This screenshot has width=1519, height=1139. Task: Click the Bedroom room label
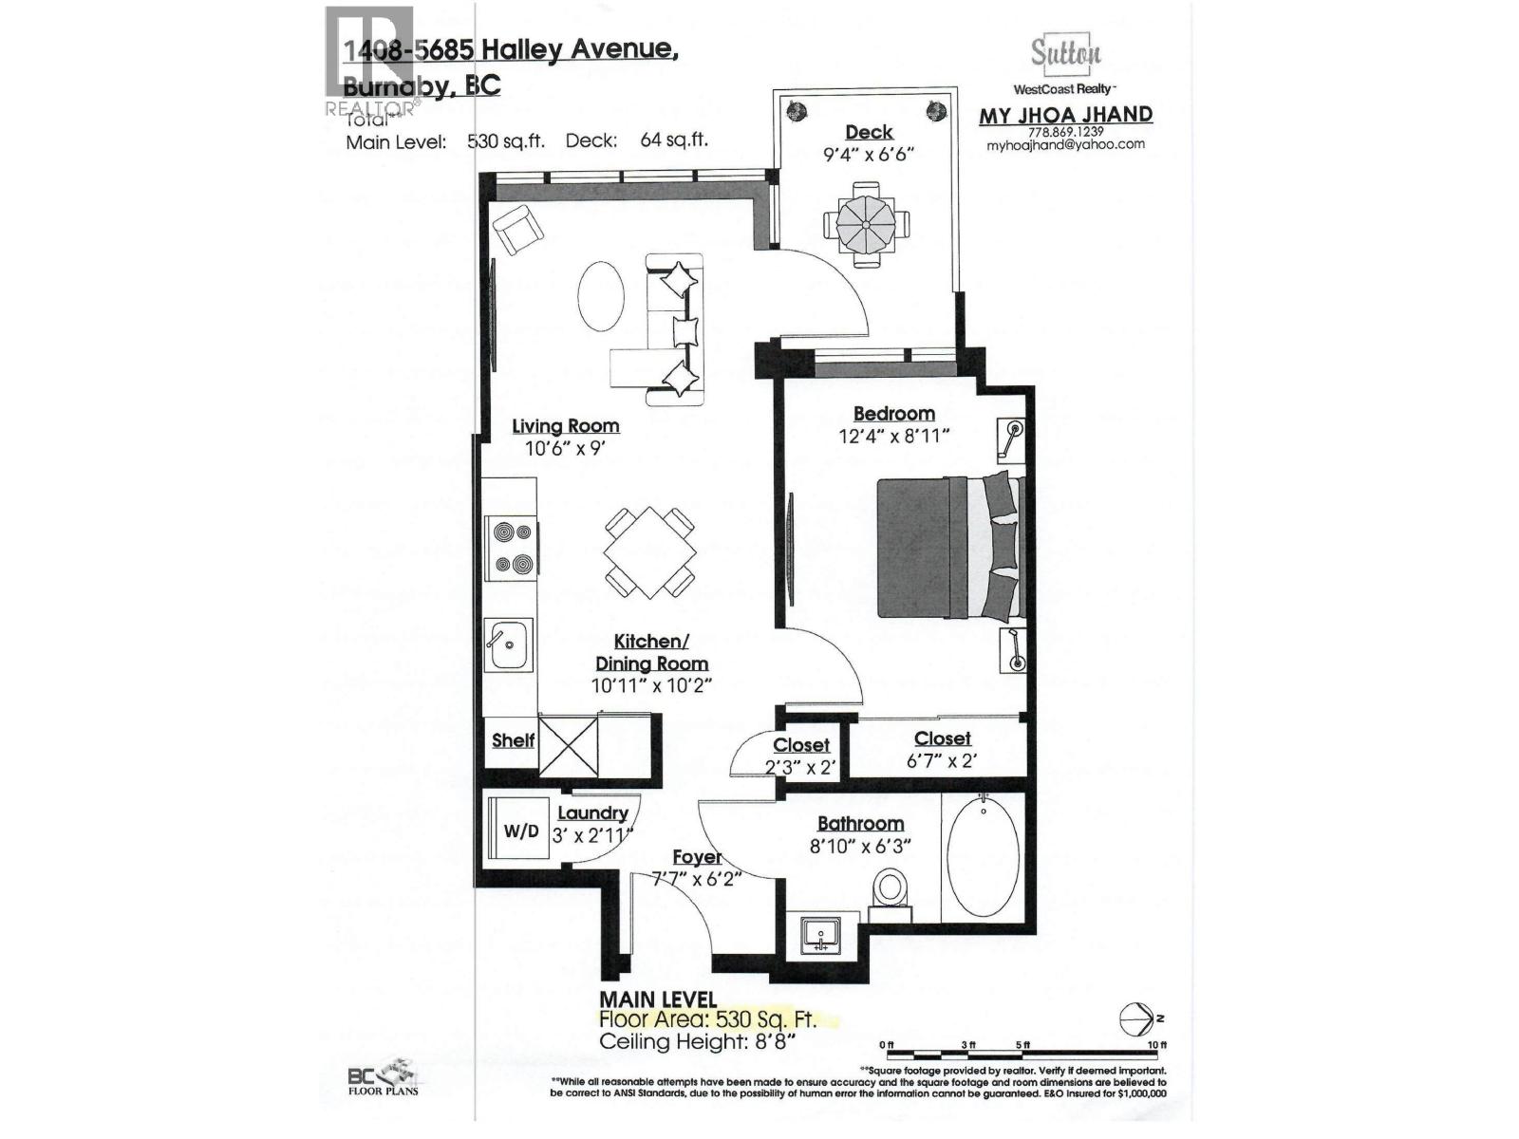click(893, 414)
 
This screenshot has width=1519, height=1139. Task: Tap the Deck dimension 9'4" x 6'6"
click(869, 154)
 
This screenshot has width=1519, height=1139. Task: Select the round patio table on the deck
click(866, 224)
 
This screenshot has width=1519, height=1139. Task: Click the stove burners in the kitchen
click(511, 548)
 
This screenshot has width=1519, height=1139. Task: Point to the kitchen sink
click(508, 645)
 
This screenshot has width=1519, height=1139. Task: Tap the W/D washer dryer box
click(520, 831)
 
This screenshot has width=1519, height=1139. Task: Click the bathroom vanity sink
click(819, 935)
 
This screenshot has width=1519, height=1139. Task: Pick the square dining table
click(649, 552)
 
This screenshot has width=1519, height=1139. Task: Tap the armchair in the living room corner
click(517, 231)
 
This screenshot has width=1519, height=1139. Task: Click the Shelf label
click(513, 740)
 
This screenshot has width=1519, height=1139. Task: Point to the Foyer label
click(697, 857)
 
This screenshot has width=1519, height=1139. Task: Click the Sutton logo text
click(1065, 53)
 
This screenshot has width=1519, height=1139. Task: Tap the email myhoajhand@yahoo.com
click(1065, 145)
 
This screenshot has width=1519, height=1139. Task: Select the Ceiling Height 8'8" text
click(696, 1041)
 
